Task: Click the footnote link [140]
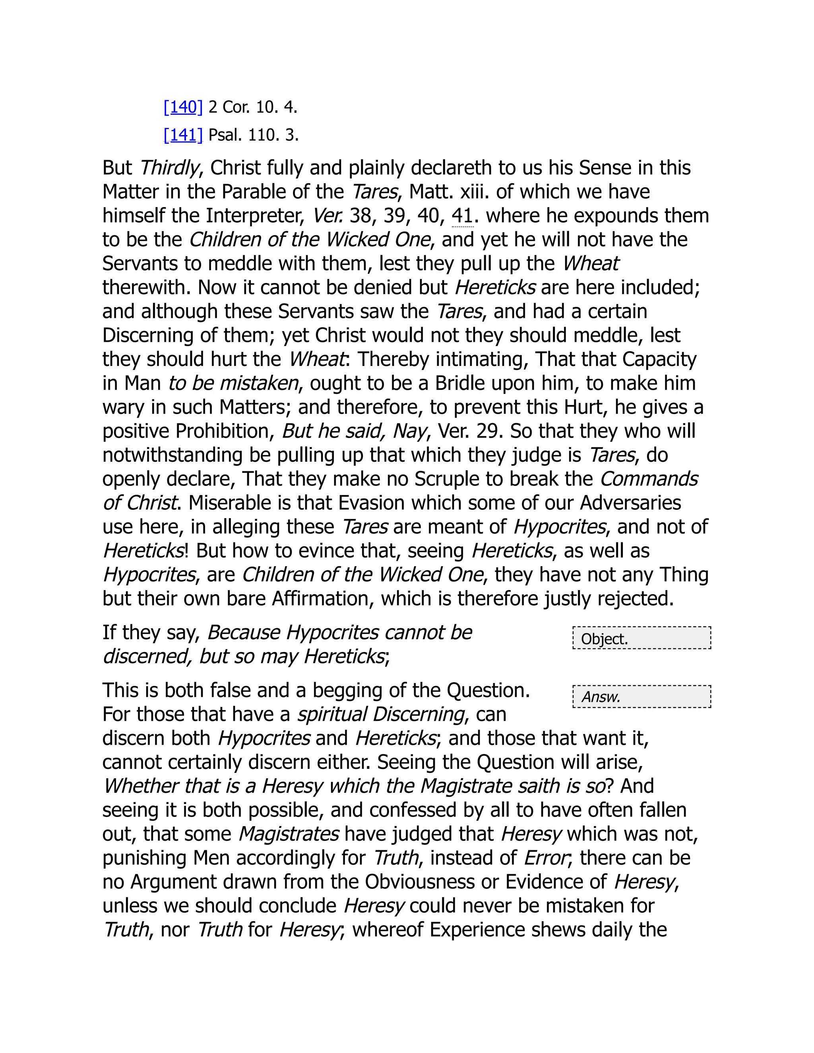point(183,107)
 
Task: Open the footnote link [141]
point(183,135)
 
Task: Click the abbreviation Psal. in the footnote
point(225,135)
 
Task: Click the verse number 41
point(462,215)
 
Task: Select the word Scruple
point(446,479)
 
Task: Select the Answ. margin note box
point(642,697)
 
